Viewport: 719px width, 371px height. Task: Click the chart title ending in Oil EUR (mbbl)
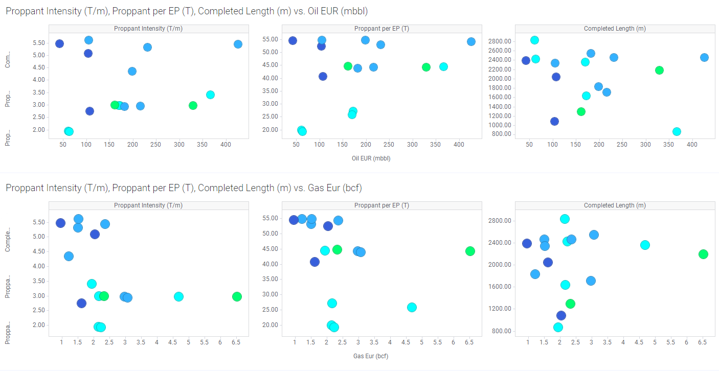point(186,11)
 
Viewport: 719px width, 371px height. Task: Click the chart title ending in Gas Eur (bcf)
point(184,188)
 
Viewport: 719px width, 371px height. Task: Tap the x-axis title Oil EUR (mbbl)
point(371,158)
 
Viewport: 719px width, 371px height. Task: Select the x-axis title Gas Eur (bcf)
point(371,356)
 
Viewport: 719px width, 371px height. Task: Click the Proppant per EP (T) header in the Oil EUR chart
point(381,29)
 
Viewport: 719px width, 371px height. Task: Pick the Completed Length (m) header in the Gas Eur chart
point(615,205)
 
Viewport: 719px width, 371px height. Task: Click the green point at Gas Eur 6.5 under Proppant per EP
point(470,251)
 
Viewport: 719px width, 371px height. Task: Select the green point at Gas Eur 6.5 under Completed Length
point(703,254)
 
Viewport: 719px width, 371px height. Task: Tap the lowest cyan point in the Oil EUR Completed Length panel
point(677,131)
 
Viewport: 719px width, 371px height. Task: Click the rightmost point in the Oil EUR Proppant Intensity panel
point(238,44)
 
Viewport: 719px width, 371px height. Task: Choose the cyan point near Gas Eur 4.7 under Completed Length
point(645,245)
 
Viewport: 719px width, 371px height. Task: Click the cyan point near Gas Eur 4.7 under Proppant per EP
point(412,307)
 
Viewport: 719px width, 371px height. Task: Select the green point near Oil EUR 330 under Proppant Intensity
point(193,105)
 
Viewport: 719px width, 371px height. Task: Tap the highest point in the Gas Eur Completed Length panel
point(565,219)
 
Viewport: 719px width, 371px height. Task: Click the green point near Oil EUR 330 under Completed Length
point(659,70)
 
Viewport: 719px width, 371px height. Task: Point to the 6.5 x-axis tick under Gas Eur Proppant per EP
point(469,341)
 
